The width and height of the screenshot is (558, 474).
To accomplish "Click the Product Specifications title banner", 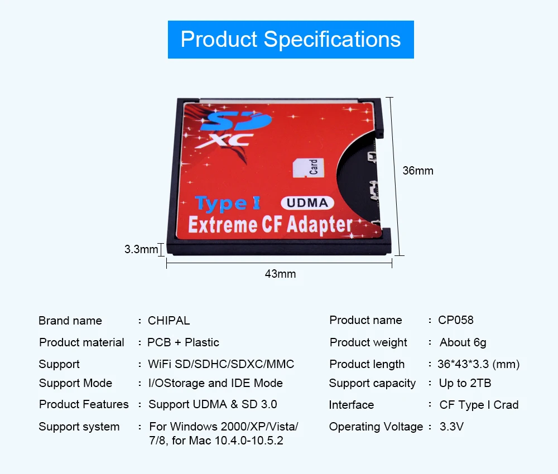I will (291, 40).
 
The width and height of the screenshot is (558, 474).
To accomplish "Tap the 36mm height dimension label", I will (418, 171).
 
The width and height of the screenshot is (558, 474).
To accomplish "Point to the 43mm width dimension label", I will (280, 274).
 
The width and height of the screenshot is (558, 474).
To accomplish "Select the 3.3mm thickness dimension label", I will (141, 249).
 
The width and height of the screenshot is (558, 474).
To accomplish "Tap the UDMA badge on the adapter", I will (307, 202).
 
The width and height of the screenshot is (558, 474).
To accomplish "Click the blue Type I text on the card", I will (228, 204).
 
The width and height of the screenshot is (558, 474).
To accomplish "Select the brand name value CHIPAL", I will (169, 321).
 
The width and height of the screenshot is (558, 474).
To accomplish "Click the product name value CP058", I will (455, 320).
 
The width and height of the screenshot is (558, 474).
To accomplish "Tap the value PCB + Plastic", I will (183, 342).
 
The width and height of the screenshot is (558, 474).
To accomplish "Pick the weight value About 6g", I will (463, 342).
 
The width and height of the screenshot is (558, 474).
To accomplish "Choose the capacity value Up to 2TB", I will (465, 383).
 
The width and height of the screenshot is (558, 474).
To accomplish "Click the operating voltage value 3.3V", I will (451, 427).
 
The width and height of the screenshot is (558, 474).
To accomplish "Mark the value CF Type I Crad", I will (479, 405).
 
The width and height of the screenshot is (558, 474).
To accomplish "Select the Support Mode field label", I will (75, 383).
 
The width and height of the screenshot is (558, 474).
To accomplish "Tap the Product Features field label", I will (84, 404).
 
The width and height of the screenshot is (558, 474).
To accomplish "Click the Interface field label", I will (351, 405).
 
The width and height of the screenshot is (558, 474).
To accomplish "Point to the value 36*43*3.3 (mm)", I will (478, 364).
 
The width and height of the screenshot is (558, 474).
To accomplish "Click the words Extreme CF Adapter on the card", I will (270, 225).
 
